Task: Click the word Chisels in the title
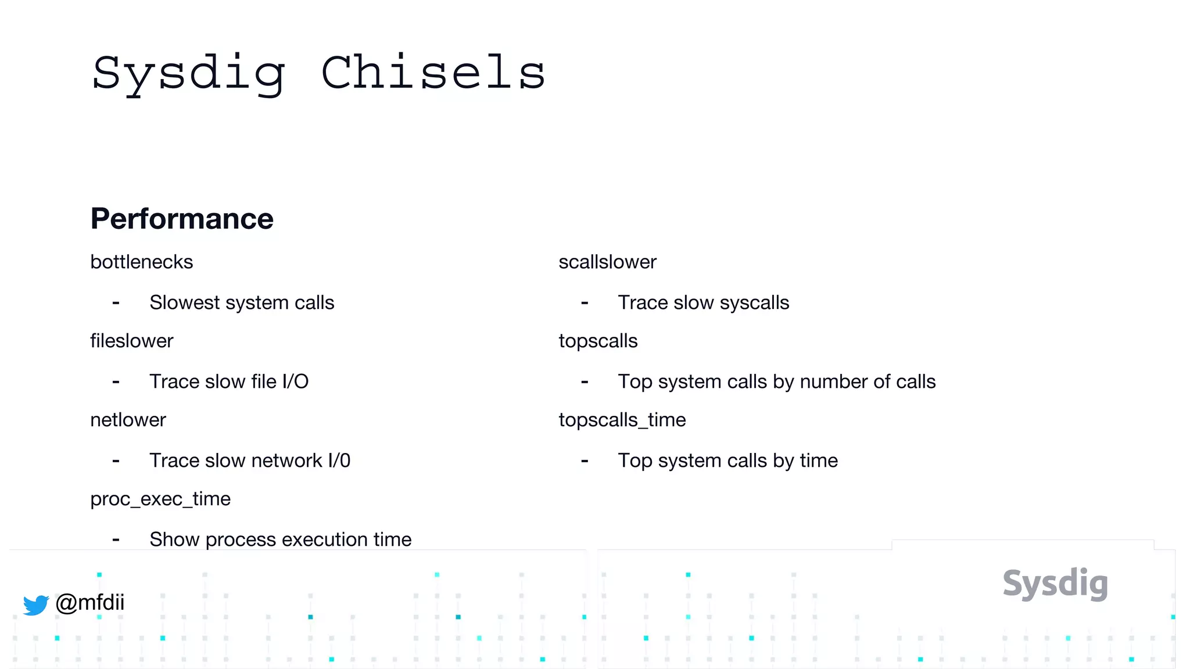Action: coord(433,73)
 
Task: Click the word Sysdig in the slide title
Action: coord(189,74)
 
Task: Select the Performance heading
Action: coord(182,219)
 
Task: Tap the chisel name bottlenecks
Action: coord(141,262)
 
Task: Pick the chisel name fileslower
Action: coord(131,341)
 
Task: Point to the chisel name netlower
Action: coord(128,420)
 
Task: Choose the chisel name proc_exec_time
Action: coord(160,499)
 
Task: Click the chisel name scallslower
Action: coord(607,262)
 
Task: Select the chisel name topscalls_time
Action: coord(622,420)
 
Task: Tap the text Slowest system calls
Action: coord(242,303)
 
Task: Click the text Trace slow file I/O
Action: coord(229,382)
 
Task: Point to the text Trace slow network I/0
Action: coord(250,461)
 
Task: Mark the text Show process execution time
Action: coord(280,539)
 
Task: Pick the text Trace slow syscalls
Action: coord(703,303)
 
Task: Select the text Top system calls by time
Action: coord(727,461)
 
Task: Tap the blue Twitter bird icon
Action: coord(36,605)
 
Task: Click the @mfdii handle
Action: coord(90,602)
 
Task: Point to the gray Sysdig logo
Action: coord(1055,584)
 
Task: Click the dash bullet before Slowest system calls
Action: coord(116,303)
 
